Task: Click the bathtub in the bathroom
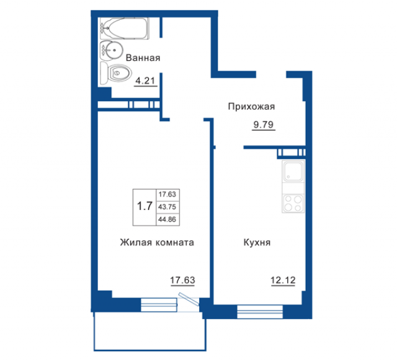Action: [x=124, y=29]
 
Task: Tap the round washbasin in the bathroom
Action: [x=112, y=50]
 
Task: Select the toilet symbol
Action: [x=116, y=73]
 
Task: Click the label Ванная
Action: [x=143, y=58]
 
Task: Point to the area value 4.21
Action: [x=145, y=81]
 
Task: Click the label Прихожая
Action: [x=251, y=107]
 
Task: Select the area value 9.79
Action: [x=264, y=125]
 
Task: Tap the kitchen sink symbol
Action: [x=293, y=171]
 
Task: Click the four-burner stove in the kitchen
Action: [x=293, y=203]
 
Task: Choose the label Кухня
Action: [x=257, y=242]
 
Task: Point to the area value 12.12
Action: [x=283, y=280]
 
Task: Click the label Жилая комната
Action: [x=157, y=242]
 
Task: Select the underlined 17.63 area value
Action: [x=182, y=280]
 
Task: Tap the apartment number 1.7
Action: [x=145, y=206]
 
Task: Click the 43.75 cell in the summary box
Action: [x=167, y=207]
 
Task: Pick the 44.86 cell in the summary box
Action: [x=167, y=219]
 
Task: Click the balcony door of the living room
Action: [x=189, y=299]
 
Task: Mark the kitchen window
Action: [x=260, y=312]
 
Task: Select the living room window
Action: [x=159, y=305]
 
